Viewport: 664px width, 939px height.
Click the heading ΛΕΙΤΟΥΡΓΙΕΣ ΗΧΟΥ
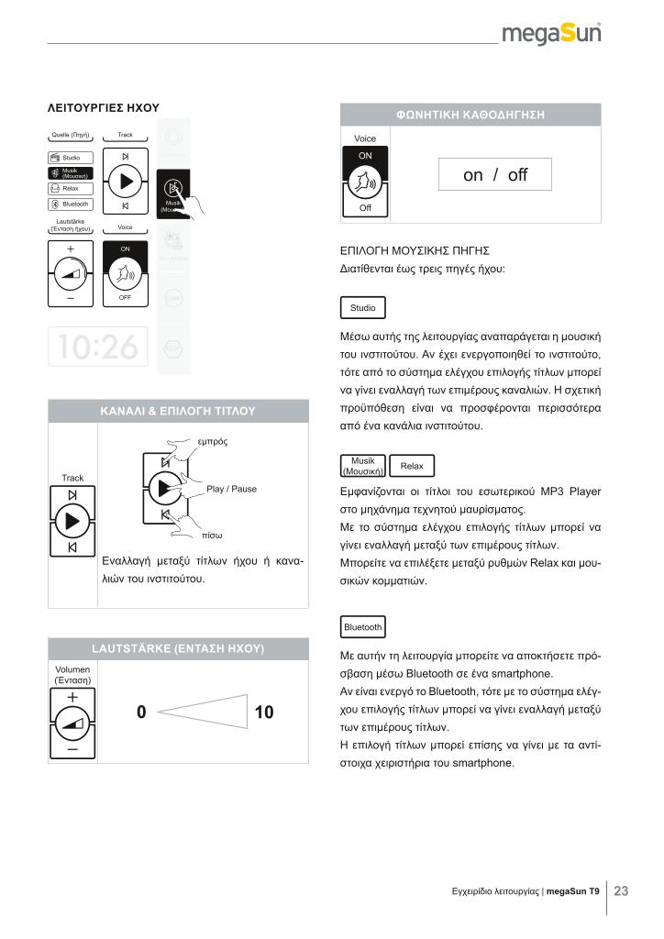click(x=104, y=108)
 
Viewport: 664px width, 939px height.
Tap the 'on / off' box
click(x=495, y=175)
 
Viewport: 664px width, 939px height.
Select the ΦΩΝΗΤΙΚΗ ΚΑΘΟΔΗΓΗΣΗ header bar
click(x=470, y=116)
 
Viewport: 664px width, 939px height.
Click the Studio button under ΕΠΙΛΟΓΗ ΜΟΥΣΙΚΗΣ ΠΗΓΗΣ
click(x=362, y=308)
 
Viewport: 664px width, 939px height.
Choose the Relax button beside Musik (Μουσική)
click(x=412, y=466)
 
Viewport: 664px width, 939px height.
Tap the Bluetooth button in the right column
click(x=362, y=627)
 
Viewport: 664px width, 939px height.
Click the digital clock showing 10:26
click(x=97, y=347)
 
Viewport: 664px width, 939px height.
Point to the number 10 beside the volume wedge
click(x=264, y=713)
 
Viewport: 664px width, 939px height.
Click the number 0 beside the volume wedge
click(x=141, y=713)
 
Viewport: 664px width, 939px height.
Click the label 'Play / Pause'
click(x=232, y=489)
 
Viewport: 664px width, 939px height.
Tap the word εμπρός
click(x=212, y=441)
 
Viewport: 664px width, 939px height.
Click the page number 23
click(x=621, y=890)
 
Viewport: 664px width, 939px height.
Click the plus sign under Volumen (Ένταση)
click(x=72, y=698)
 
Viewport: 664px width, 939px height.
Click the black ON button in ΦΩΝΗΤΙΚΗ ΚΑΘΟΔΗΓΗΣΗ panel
click(x=365, y=157)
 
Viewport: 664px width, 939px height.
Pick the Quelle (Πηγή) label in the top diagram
click(x=70, y=135)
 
